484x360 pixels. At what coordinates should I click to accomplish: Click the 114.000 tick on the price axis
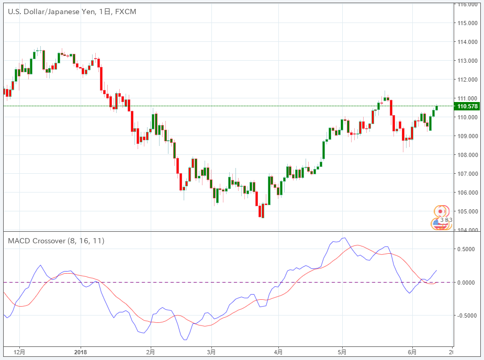click(467, 42)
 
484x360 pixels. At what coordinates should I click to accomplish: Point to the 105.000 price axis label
click(467, 211)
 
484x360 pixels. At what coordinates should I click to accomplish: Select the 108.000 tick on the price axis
click(467, 155)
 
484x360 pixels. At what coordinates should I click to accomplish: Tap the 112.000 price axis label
click(467, 80)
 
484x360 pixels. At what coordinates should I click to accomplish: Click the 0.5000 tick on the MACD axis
click(467, 249)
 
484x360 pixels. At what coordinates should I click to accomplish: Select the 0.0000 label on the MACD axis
click(467, 283)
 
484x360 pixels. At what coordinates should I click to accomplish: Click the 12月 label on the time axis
click(19, 352)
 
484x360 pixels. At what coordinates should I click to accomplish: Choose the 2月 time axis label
click(151, 352)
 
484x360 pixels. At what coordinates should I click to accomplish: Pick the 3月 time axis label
click(211, 352)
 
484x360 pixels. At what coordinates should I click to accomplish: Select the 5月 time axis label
click(342, 352)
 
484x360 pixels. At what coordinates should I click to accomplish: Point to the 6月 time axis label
click(412, 352)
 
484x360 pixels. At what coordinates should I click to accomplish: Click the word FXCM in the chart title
click(126, 12)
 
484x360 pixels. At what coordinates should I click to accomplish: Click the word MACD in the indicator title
click(19, 241)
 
